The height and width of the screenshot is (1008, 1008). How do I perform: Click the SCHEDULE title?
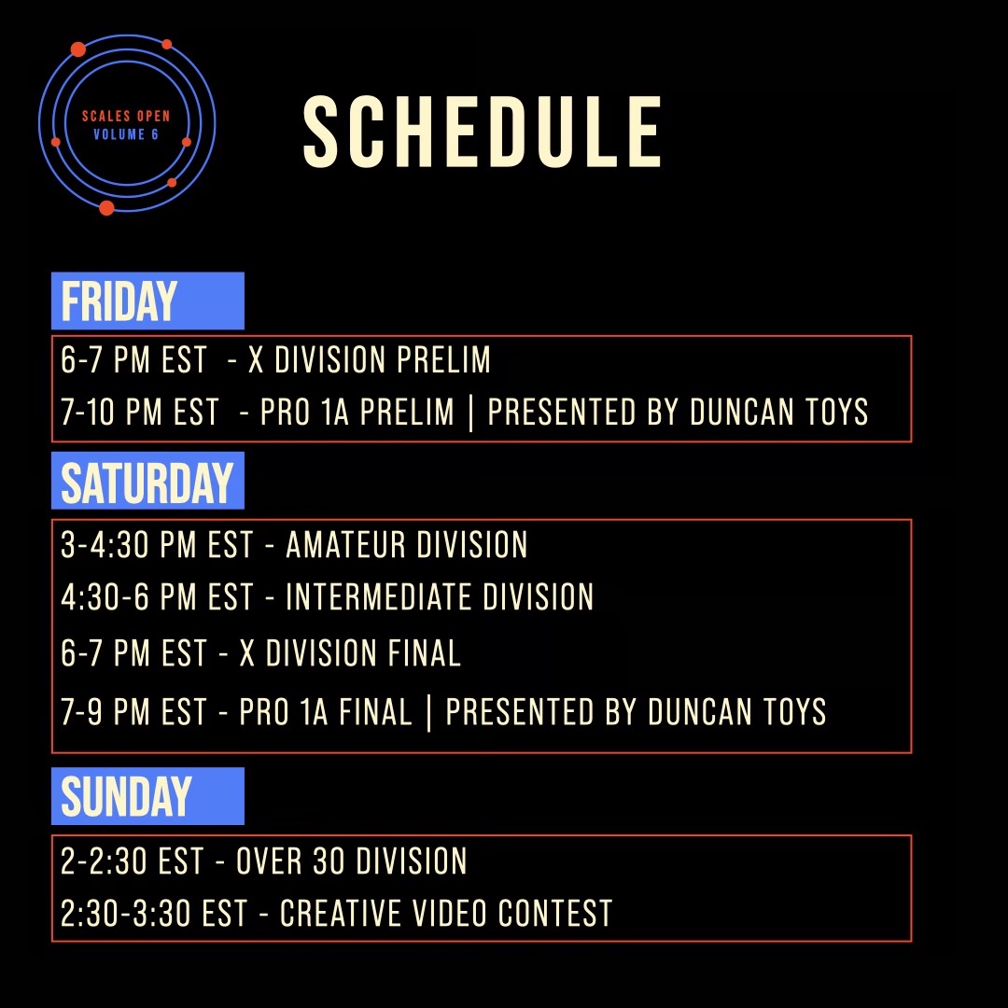[x=483, y=132]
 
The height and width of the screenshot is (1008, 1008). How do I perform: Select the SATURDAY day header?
[x=147, y=483]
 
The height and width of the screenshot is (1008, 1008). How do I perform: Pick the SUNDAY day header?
[x=126, y=796]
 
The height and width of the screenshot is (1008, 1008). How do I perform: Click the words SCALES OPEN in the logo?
[x=126, y=117]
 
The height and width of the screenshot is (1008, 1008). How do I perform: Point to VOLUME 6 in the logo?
[x=126, y=134]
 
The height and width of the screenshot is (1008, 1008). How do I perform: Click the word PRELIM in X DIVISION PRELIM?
[x=443, y=359]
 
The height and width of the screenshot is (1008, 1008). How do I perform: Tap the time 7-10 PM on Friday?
[x=111, y=413]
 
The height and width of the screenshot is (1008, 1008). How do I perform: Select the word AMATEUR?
[x=346, y=545]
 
